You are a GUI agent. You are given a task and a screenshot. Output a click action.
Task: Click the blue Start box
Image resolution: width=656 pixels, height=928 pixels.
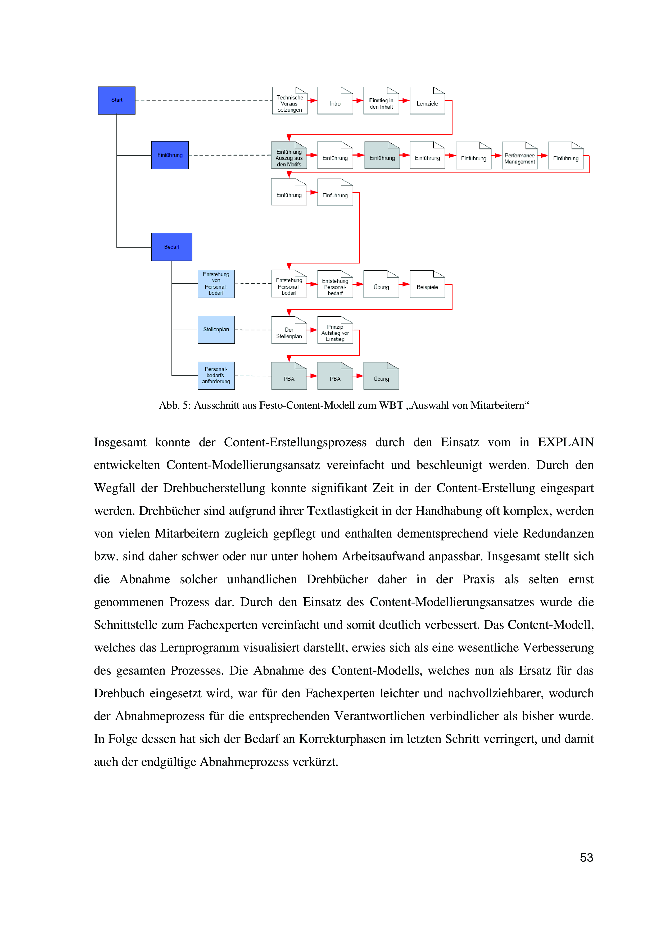coord(116,100)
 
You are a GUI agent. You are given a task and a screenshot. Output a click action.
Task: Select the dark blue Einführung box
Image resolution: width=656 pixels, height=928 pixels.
coord(170,155)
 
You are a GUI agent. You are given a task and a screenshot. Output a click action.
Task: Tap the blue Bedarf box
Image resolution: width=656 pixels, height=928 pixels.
coord(171,247)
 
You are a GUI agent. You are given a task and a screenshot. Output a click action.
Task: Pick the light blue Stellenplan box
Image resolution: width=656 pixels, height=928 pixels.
coord(216,330)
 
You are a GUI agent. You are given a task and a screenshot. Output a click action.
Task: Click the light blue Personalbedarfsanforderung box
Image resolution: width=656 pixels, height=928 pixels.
coord(216,375)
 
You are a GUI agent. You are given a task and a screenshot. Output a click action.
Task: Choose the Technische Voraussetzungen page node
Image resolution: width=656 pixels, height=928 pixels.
coord(289,101)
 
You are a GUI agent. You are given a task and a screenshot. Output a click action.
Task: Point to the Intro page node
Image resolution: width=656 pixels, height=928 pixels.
coord(335,101)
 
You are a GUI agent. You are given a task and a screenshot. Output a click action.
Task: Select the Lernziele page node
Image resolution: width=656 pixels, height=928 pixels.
coord(427,101)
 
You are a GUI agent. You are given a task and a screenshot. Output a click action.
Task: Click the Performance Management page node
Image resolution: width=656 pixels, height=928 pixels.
coord(519,156)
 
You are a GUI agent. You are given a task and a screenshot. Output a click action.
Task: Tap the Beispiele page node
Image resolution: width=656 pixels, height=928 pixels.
coord(427,285)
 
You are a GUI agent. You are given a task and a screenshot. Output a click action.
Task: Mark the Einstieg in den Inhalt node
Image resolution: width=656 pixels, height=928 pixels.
coord(381,101)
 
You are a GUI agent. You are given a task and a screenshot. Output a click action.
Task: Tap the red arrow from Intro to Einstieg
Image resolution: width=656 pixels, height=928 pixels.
coord(358,100)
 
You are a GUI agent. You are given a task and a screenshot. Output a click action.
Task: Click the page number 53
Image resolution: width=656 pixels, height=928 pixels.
coord(586,857)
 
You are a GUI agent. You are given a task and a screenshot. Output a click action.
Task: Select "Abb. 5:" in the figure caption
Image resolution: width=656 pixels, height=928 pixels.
coord(175,405)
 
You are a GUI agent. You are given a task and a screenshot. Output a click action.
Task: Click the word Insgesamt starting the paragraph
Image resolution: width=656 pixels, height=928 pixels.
coord(120,442)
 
